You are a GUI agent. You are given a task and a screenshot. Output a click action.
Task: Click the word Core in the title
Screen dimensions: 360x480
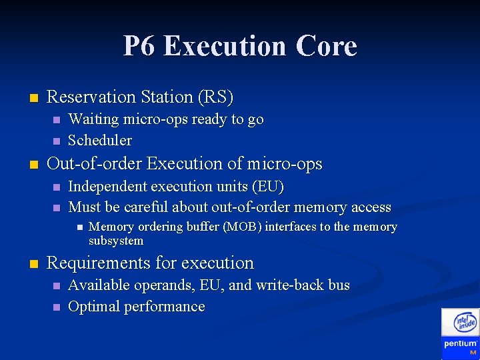[x=327, y=47]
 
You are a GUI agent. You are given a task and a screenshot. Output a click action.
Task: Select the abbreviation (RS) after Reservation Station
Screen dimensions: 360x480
[x=215, y=97]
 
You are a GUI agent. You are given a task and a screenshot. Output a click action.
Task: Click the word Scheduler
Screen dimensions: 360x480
[x=100, y=141]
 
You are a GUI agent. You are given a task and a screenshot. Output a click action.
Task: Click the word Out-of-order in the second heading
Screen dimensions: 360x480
[x=95, y=164]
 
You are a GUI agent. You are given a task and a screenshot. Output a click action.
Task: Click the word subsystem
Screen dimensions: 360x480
[x=116, y=241]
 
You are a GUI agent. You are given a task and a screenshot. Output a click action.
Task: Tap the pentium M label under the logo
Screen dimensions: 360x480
[x=461, y=347]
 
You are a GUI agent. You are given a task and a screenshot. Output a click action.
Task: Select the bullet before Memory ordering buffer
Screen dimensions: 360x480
[x=78, y=227]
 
